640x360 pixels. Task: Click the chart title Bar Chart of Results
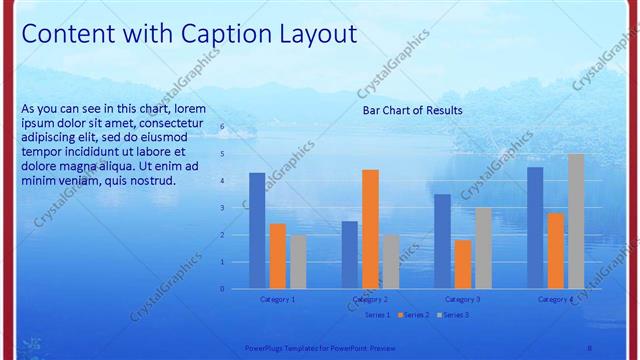412,110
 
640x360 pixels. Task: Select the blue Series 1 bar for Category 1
257,231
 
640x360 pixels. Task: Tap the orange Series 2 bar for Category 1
278,256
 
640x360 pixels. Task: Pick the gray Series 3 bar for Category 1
298,262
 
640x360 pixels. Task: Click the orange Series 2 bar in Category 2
370,229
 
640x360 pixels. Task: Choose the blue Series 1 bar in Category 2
349,255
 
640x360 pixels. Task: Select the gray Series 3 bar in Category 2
390,262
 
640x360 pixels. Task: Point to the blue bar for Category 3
442,241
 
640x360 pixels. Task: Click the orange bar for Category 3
462,264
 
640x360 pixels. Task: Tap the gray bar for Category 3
483,248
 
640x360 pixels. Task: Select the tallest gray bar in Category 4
576,221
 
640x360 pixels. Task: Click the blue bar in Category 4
535,228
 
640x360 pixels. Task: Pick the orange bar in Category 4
555,251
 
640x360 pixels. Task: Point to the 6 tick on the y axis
223,127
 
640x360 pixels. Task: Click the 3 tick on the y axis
223,208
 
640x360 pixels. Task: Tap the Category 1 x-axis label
277,299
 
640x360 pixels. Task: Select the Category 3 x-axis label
462,299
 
